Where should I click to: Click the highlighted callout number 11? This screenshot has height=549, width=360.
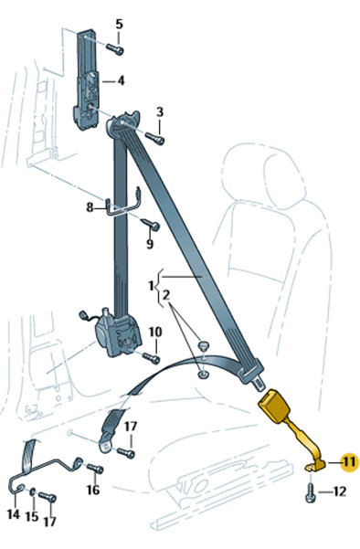(349, 462)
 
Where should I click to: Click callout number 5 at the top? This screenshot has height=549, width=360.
(120, 24)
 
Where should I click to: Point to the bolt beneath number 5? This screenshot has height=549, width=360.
(115, 49)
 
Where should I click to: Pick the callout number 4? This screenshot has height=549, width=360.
(121, 81)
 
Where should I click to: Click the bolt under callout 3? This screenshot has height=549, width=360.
(154, 138)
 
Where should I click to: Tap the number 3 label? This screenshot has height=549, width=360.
(160, 112)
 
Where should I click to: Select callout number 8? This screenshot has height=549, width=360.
(90, 207)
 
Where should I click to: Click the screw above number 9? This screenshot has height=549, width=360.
(151, 225)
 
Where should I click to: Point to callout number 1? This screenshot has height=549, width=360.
(151, 286)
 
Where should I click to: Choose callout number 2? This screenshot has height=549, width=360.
(166, 295)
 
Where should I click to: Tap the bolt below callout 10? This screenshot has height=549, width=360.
(151, 357)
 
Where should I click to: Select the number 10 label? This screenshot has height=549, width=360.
(155, 332)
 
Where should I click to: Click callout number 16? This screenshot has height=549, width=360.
(93, 490)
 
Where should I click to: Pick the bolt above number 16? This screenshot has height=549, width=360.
(94, 468)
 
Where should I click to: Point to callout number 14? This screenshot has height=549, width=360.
(14, 514)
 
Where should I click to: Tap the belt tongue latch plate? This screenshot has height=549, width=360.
(251, 375)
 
